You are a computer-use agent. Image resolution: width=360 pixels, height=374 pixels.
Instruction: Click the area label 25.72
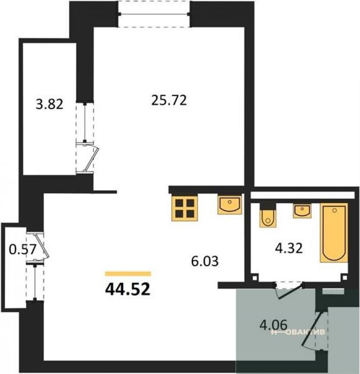(169, 100)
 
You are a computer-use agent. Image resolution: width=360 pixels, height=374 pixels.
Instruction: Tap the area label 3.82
(49, 104)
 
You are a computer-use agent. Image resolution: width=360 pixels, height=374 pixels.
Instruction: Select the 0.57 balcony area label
(22, 250)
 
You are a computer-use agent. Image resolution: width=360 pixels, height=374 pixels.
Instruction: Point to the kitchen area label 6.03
(205, 261)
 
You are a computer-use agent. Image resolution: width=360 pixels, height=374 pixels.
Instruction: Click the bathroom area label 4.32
(289, 248)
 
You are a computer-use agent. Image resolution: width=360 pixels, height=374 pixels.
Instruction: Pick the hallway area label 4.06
(273, 325)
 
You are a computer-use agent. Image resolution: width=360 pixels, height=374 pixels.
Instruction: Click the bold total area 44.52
(128, 289)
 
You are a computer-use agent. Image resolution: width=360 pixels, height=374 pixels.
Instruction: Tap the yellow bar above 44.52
(128, 274)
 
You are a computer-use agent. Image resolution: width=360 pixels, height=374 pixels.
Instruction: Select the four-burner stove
(184, 208)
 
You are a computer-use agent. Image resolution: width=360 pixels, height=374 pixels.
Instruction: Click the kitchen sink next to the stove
(229, 205)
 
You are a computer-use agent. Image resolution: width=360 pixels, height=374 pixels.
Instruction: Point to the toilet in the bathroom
(268, 215)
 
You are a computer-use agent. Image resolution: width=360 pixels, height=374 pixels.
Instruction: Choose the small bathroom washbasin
(302, 211)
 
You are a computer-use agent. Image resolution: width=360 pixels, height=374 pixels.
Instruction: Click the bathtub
(334, 233)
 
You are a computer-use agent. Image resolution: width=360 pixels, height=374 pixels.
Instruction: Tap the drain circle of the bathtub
(334, 210)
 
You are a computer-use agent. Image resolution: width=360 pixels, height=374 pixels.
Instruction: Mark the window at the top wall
(154, 14)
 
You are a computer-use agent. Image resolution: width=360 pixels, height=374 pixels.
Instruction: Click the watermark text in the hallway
(298, 332)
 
